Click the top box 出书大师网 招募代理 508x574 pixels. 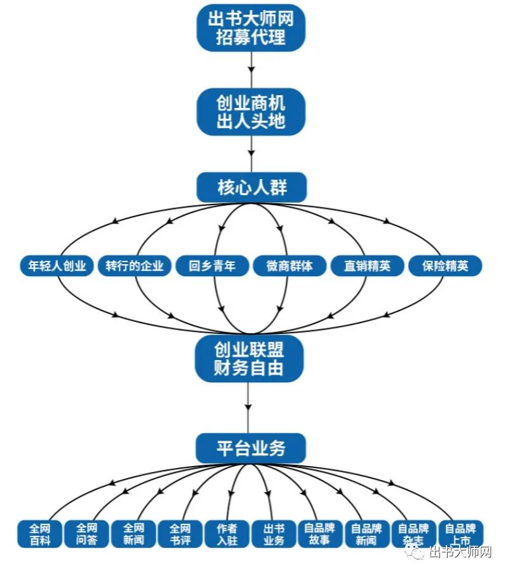[x=251, y=28]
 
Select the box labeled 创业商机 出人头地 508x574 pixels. [x=251, y=112]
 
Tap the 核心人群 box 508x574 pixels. [x=251, y=188]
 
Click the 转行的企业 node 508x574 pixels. [x=135, y=265]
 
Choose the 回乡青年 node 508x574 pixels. [x=212, y=265]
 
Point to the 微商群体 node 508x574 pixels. [x=290, y=265]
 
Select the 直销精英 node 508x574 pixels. [x=368, y=265]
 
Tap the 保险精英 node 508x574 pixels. [x=445, y=265]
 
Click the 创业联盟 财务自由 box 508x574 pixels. [x=248, y=359]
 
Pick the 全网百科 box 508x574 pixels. [x=39, y=534]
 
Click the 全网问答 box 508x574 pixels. [x=86, y=534]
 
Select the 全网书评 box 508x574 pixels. [x=180, y=534]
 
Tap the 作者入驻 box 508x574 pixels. [x=227, y=534]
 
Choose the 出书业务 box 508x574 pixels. [x=274, y=534]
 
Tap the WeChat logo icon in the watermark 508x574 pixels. [x=417, y=552]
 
